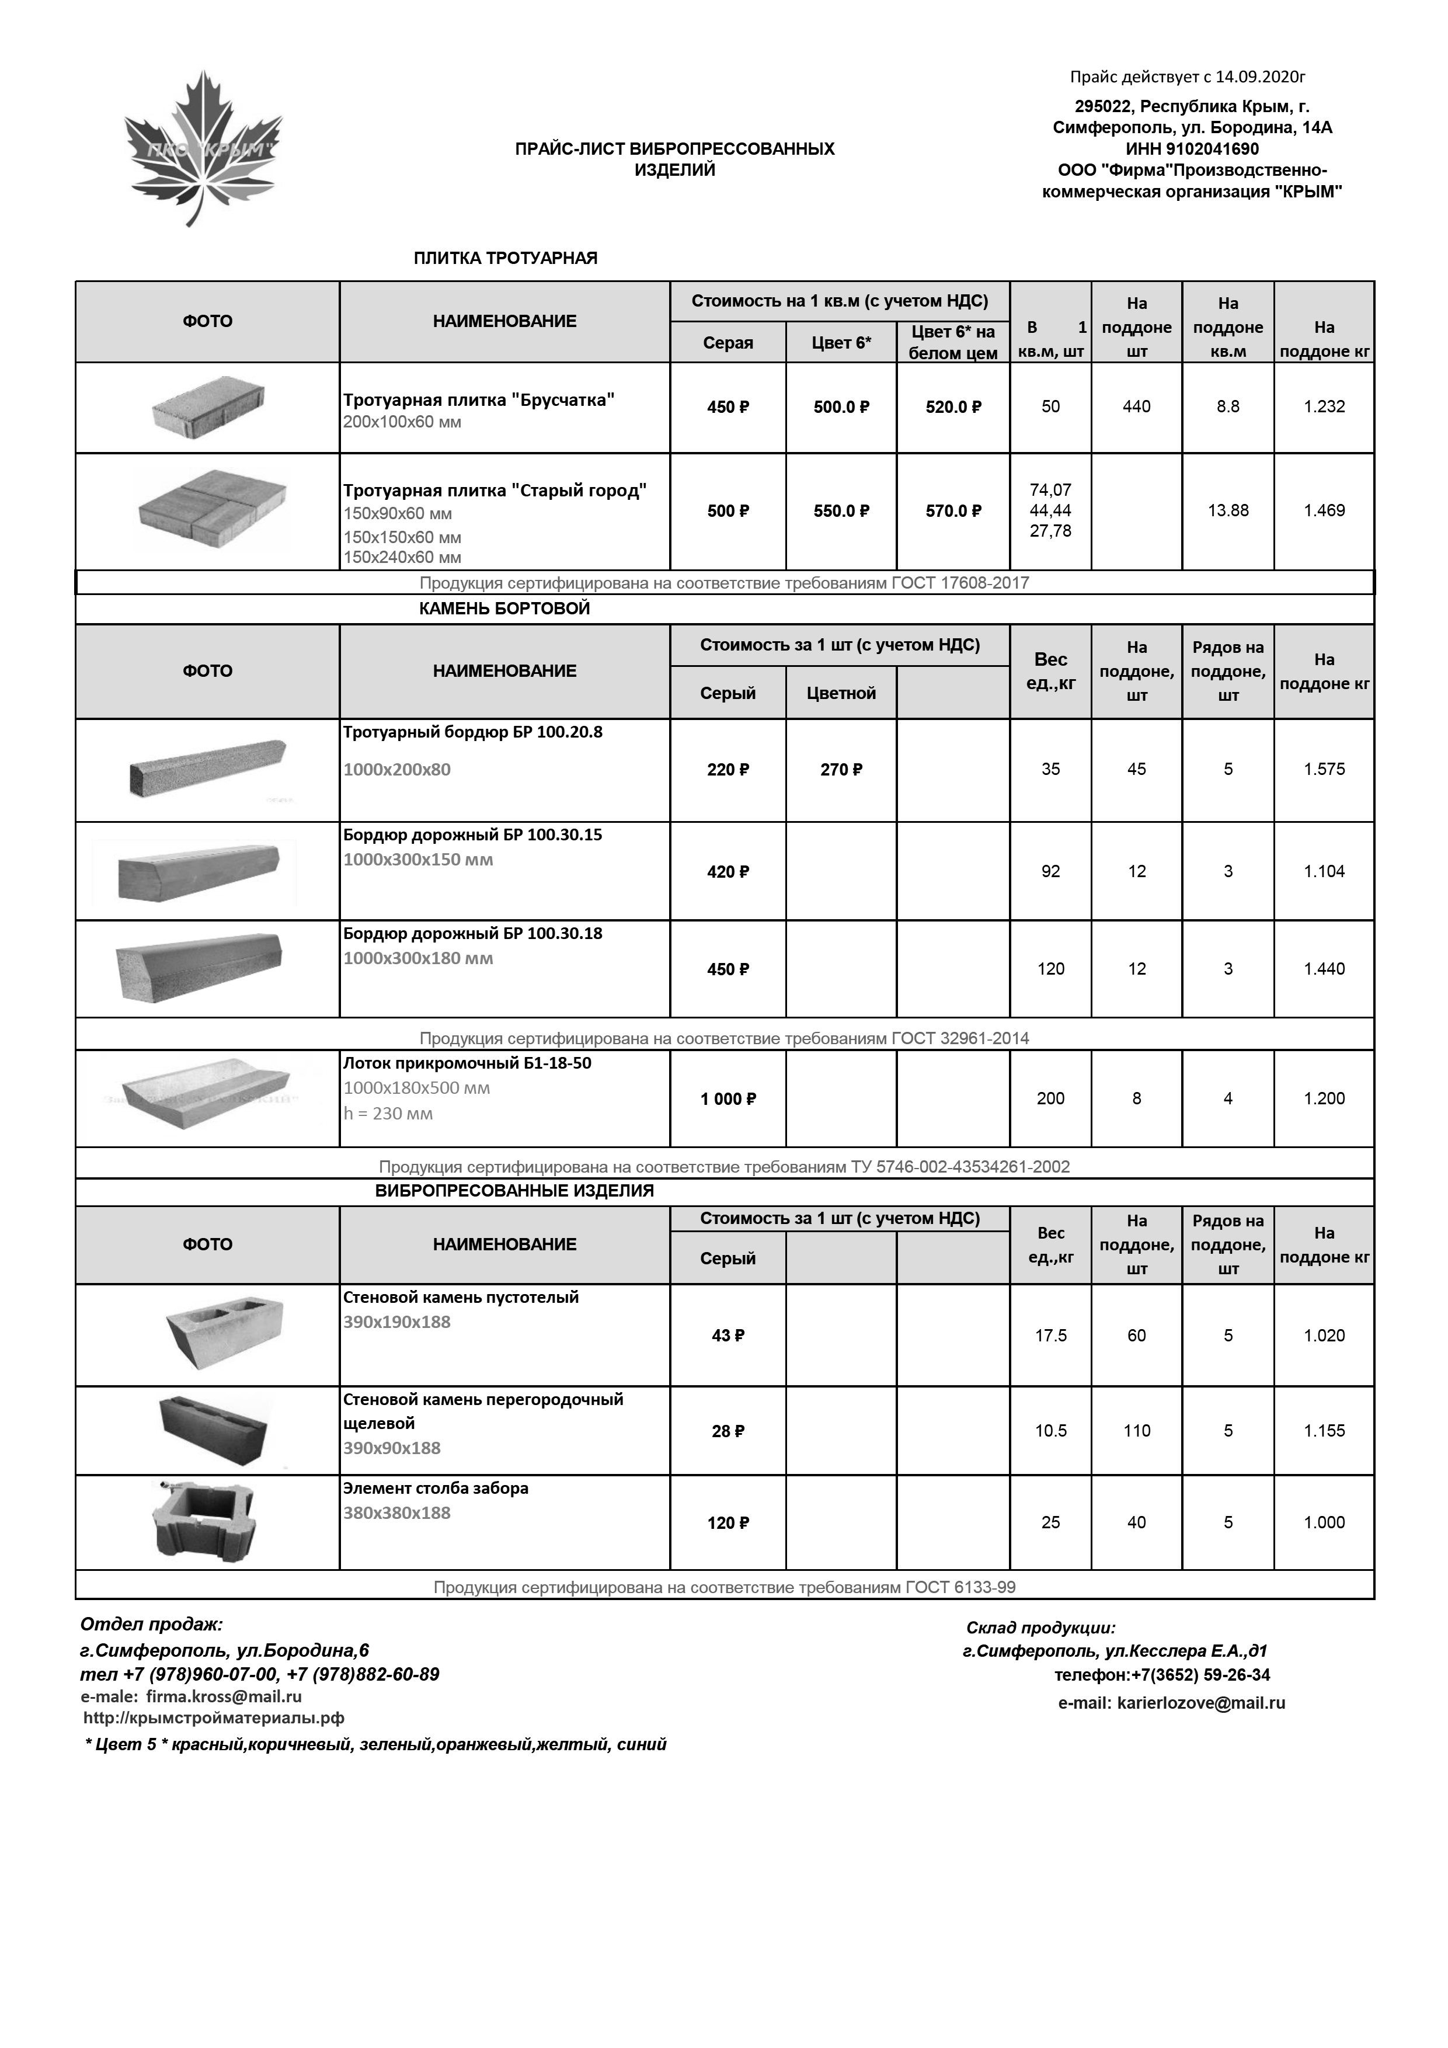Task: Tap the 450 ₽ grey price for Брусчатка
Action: tap(728, 408)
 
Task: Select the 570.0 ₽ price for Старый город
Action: tap(953, 511)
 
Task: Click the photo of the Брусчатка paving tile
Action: tap(208, 408)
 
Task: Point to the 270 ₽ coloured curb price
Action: tap(841, 770)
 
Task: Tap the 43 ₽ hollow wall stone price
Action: tap(728, 1336)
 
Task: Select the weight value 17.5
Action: tap(1050, 1336)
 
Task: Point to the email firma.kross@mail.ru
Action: tap(223, 1696)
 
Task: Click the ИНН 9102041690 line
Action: tap(1192, 149)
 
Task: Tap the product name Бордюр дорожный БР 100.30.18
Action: tap(472, 934)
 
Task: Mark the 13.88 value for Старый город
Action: tap(1228, 511)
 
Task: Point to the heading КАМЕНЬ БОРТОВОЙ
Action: tap(504, 609)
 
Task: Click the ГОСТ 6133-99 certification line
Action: tap(724, 1587)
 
